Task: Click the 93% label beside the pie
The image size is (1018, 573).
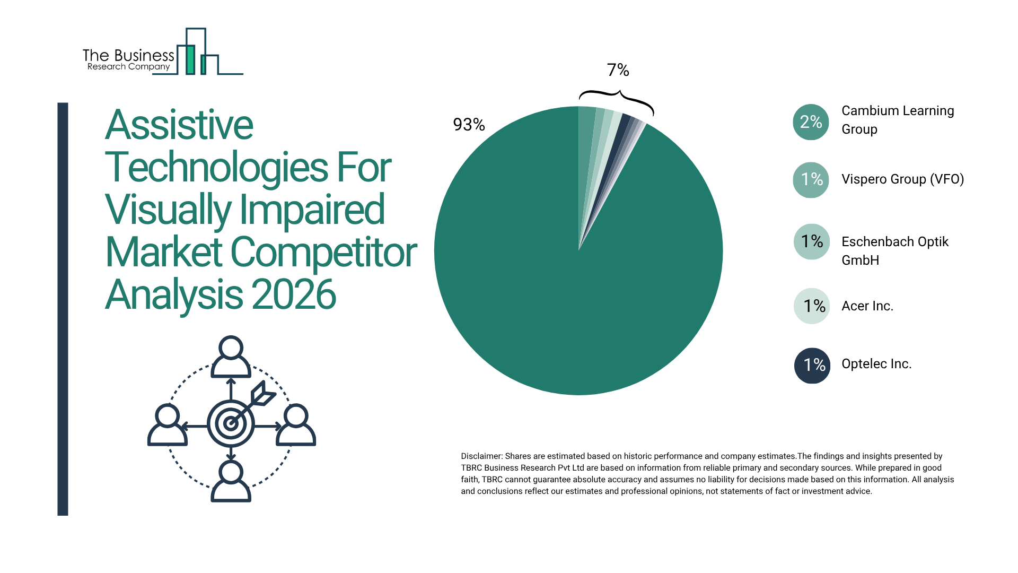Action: pos(469,125)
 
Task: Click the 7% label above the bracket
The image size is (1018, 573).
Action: pos(618,70)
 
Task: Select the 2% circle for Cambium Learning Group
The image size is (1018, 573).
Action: pos(811,122)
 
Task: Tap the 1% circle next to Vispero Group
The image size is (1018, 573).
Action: pos(811,180)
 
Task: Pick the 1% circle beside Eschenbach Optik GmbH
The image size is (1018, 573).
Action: pos(811,242)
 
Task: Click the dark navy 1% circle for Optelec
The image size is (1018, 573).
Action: pos(812,365)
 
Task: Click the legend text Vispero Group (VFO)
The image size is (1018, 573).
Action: pos(902,179)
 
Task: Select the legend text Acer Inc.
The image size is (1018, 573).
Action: pos(867,306)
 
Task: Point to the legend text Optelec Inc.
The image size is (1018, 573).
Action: pos(876,364)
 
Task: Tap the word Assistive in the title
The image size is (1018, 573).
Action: pos(179,125)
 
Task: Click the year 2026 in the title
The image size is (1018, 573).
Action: pos(294,295)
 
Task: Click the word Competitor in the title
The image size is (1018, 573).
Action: pos(323,253)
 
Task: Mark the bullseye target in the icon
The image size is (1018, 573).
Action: pos(231,423)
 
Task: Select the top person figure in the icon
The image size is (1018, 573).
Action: pos(231,357)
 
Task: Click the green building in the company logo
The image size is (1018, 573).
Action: pos(190,59)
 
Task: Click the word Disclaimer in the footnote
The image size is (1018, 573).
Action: pos(481,456)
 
